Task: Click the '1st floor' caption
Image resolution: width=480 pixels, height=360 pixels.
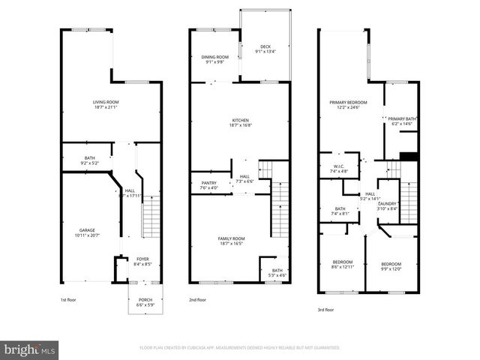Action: pyautogui.click(x=70, y=300)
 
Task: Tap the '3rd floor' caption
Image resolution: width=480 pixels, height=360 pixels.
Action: pyautogui.click(x=327, y=308)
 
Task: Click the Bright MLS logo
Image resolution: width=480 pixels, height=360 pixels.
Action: pyautogui.click(x=29, y=349)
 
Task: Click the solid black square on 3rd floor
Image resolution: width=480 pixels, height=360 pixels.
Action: pyautogui.click(x=408, y=156)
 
